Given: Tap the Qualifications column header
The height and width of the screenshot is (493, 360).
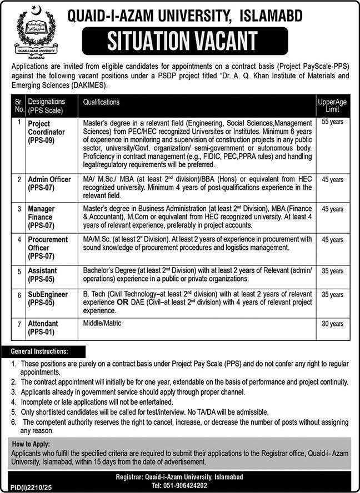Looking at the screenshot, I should (101, 102).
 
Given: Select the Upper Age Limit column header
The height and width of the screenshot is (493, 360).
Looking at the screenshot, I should (332, 105).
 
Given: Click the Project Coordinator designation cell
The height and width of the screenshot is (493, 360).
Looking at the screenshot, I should (47, 132).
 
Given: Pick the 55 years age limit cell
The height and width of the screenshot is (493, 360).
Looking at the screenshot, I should (332, 120).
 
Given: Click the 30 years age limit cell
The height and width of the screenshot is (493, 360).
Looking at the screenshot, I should (332, 324).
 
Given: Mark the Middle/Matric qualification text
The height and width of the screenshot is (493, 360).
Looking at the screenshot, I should (102, 323).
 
